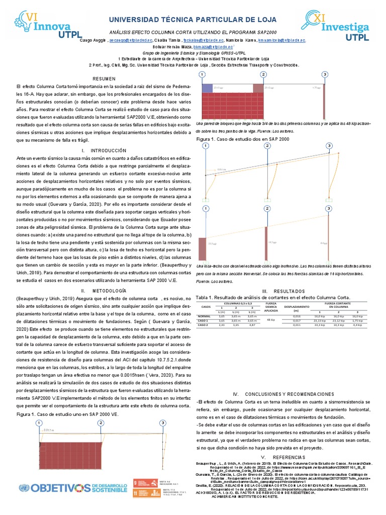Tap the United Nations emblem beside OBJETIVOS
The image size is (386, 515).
(x=23, y=487)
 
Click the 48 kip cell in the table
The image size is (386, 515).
(x=270, y=320)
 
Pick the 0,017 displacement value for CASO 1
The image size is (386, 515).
(x=297, y=320)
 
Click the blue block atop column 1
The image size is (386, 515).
(x=207, y=89)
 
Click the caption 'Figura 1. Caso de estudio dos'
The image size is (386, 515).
(x=242, y=139)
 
